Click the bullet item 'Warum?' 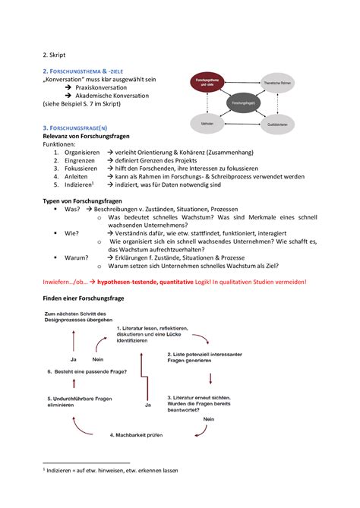[77, 257]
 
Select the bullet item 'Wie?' [72, 234]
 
